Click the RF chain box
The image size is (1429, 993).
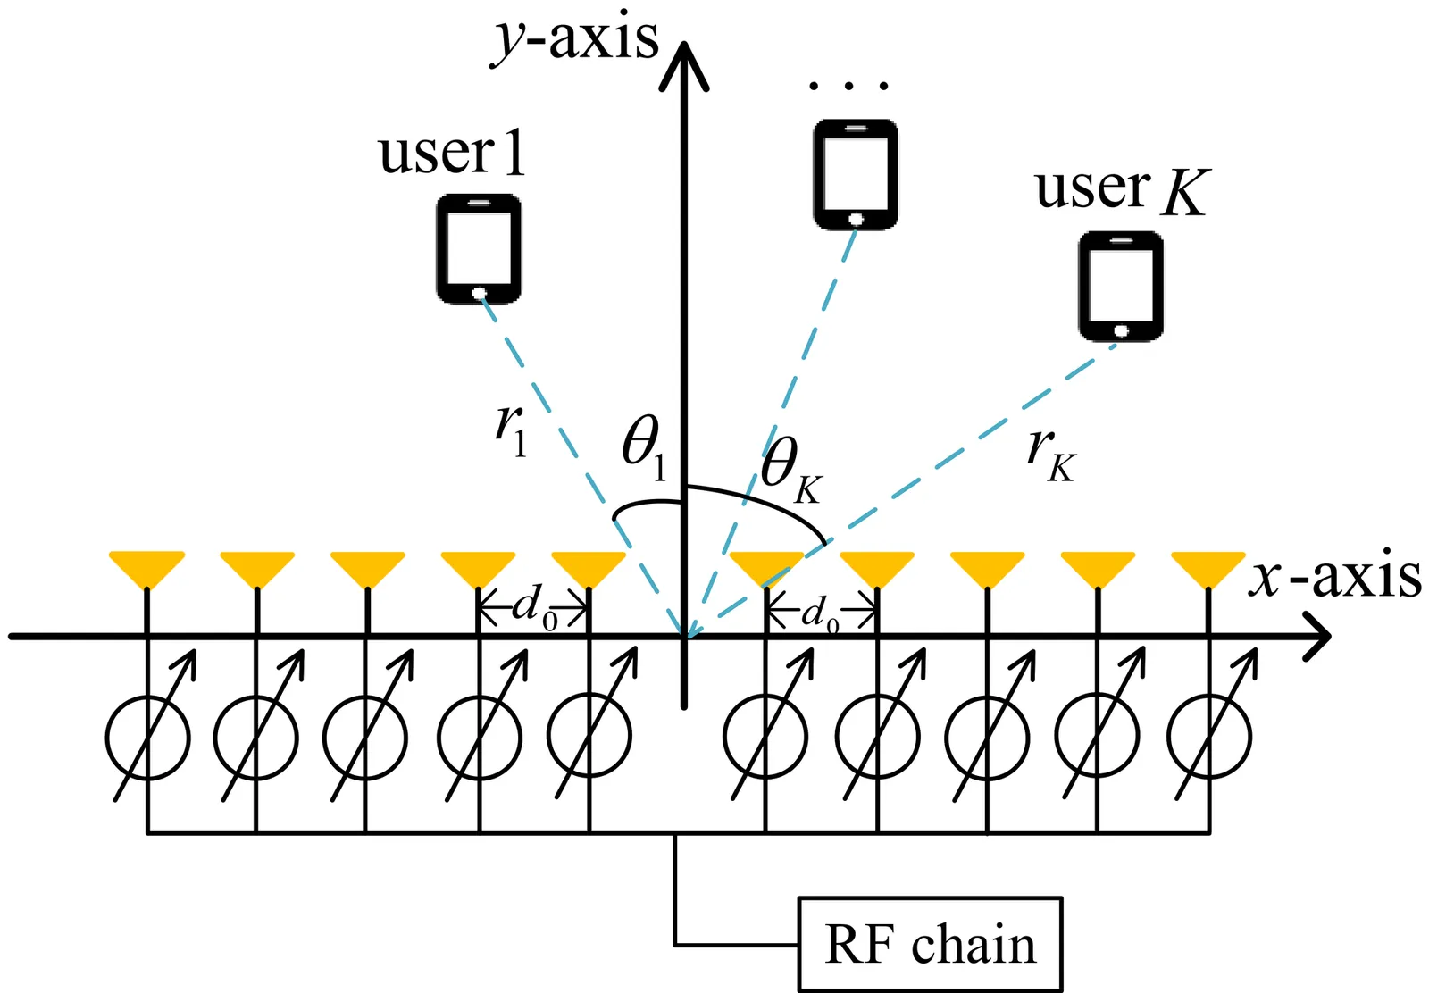point(930,944)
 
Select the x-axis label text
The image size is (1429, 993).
point(1336,577)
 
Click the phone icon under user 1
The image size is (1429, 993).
point(479,249)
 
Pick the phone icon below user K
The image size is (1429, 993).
point(1121,286)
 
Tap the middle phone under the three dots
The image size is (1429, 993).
point(855,174)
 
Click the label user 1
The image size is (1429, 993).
point(451,154)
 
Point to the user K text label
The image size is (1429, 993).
point(1122,189)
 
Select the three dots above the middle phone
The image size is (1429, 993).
point(848,87)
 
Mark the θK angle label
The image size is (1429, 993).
point(790,470)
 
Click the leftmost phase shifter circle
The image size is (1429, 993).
point(147,738)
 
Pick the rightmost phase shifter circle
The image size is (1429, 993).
point(1208,738)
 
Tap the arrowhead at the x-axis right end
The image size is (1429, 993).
point(1318,637)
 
